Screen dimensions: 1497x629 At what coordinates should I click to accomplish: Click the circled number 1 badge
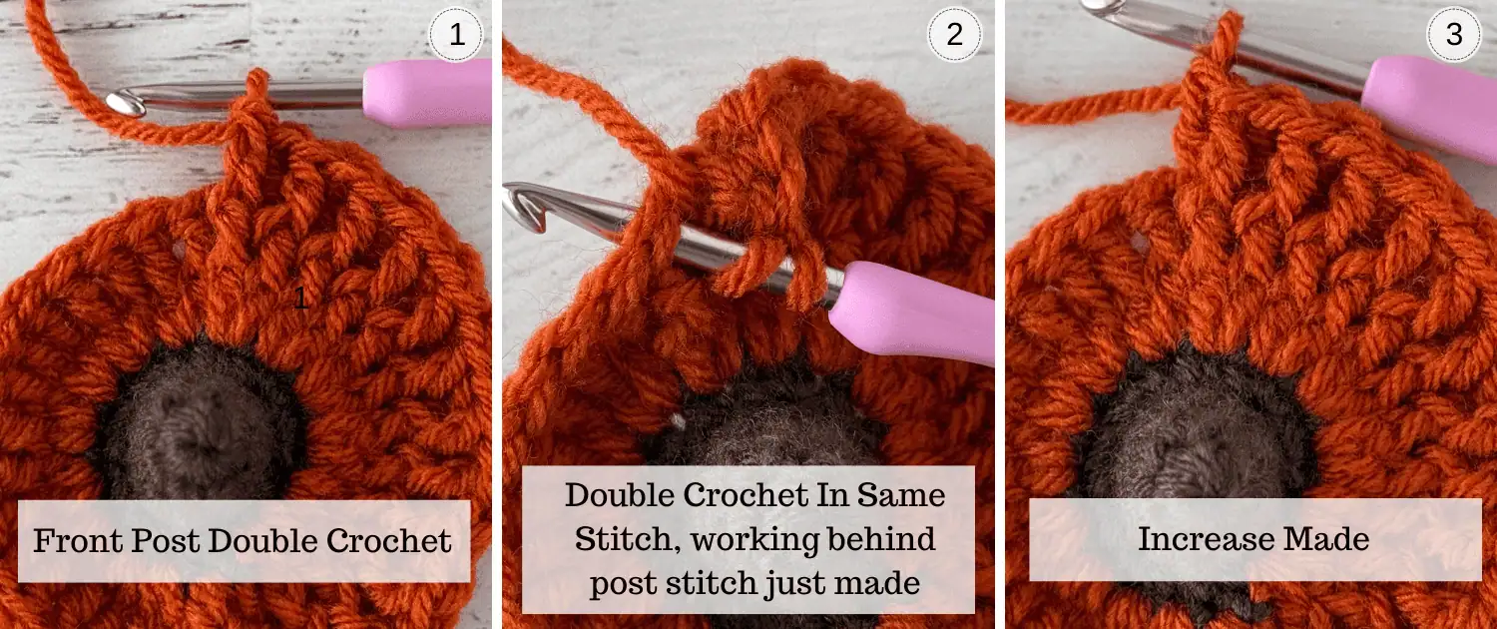pos(456,35)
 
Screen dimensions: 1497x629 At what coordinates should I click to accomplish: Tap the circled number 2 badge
pos(954,35)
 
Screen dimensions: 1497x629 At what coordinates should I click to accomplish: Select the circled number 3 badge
pos(1453,35)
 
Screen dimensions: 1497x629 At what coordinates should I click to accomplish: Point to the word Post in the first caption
pos(165,541)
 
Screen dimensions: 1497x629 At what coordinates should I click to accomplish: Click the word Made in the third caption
pos(1326,539)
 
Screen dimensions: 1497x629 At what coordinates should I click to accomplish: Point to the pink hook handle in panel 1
pos(428,92)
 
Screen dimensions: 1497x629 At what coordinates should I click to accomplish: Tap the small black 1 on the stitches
pos(301,298)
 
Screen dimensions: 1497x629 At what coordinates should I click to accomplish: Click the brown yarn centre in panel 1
pos(198,421)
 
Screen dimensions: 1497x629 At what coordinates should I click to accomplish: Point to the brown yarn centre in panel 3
pos(1197,427)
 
